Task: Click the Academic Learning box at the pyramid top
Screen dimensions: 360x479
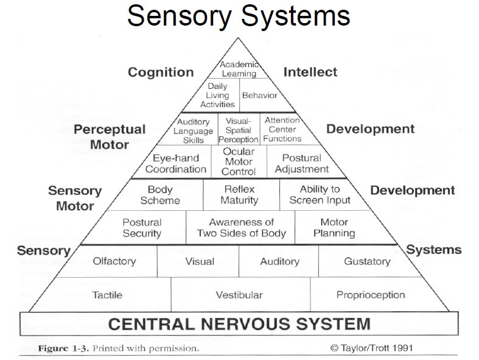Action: pos(239,69)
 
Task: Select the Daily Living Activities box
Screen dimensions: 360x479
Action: pos(217,95)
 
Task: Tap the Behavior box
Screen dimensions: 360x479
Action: pos(259,95)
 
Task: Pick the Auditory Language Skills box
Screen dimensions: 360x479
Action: pos(193,130)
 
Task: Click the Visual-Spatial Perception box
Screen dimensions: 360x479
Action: pos(239,130)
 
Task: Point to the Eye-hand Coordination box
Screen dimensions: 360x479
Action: pos(176,163)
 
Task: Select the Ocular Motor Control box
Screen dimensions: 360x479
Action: pos(239,161)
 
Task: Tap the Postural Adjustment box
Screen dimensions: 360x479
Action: pos(301,163)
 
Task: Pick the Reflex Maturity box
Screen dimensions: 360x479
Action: pos(239,195)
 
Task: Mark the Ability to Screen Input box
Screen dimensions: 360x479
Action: pos(320,195)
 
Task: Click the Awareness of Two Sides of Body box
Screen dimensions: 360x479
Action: pos(241,228)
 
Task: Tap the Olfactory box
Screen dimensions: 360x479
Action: pos(114,261)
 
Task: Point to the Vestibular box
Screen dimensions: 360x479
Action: pos(239,295)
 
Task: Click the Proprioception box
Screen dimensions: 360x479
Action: pos(370,295)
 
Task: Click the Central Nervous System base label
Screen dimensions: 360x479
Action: pos(239,323)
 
